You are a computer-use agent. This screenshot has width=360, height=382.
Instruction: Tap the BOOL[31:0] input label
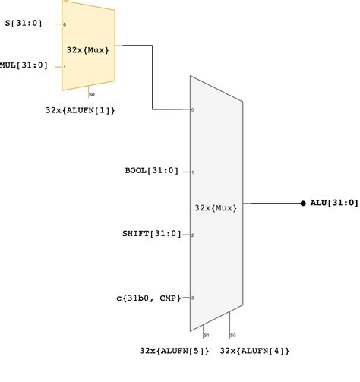[152, 171]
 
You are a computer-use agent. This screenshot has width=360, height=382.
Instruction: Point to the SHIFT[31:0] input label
[152, 234]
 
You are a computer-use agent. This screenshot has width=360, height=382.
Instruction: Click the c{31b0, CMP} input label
[147, 298]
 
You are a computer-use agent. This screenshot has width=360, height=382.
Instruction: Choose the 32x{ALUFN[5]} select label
[174, 351]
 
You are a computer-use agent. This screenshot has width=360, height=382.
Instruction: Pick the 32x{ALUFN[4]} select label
[254, 351]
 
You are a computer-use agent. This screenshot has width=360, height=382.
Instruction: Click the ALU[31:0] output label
[334, 204]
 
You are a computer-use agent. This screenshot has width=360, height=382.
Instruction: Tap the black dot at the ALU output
[303, 204]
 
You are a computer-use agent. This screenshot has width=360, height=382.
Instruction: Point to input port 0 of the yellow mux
[65, 24]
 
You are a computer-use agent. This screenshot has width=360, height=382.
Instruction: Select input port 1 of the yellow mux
[65, 66]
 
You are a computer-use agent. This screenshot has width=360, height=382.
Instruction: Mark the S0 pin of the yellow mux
[91, 94]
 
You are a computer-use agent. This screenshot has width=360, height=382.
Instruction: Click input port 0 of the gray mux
[193, 110]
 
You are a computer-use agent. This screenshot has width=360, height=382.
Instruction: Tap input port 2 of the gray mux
[193, 235]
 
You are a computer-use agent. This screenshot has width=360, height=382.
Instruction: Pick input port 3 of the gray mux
[193, 298]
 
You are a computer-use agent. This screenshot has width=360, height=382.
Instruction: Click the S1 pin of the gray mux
[206, 334]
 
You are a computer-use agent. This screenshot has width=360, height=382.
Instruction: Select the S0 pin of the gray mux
[232, 334]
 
